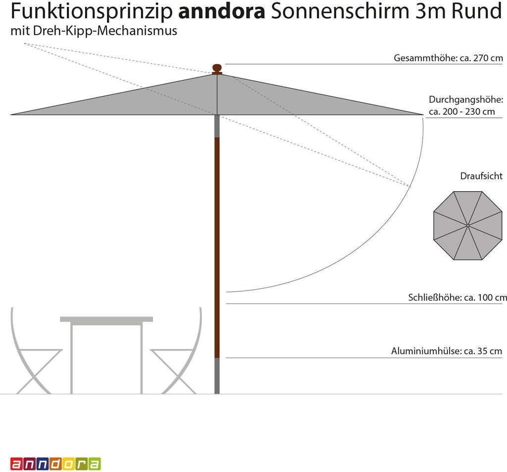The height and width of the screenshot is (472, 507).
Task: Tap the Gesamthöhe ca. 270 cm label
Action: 448,58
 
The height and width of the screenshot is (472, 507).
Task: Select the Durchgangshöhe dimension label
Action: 465,105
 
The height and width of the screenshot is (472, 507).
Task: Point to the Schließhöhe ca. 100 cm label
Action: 457,298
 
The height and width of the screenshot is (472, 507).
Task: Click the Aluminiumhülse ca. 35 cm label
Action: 447,351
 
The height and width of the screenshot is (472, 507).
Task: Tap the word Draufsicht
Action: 481,176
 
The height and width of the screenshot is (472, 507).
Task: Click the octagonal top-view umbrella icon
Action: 467,226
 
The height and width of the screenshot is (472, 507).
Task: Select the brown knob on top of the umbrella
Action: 217,68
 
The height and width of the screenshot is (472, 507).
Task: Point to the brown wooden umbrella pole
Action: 217,248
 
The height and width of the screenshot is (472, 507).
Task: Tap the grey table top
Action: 106,319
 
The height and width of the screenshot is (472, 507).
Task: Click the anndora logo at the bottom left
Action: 55,464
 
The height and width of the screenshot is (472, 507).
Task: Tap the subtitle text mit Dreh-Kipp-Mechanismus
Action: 94,32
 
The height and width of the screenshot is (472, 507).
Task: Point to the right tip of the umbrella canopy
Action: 422,114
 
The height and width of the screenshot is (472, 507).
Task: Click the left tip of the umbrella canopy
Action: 12,114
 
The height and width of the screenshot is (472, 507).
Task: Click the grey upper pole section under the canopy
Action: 217,126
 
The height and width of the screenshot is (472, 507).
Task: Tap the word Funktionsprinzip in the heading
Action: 92,11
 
